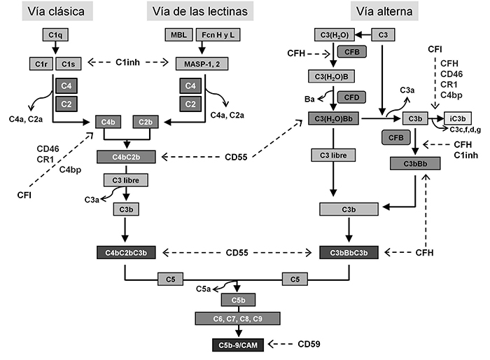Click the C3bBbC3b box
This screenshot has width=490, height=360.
click(x=349, y=251)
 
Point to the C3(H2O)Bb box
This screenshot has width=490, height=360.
click(x=335, y=120)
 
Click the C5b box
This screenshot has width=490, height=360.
click(x=238, y=300)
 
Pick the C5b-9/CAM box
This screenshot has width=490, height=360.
click(x=238, y=345)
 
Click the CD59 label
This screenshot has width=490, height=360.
click(x=309, y=345)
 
